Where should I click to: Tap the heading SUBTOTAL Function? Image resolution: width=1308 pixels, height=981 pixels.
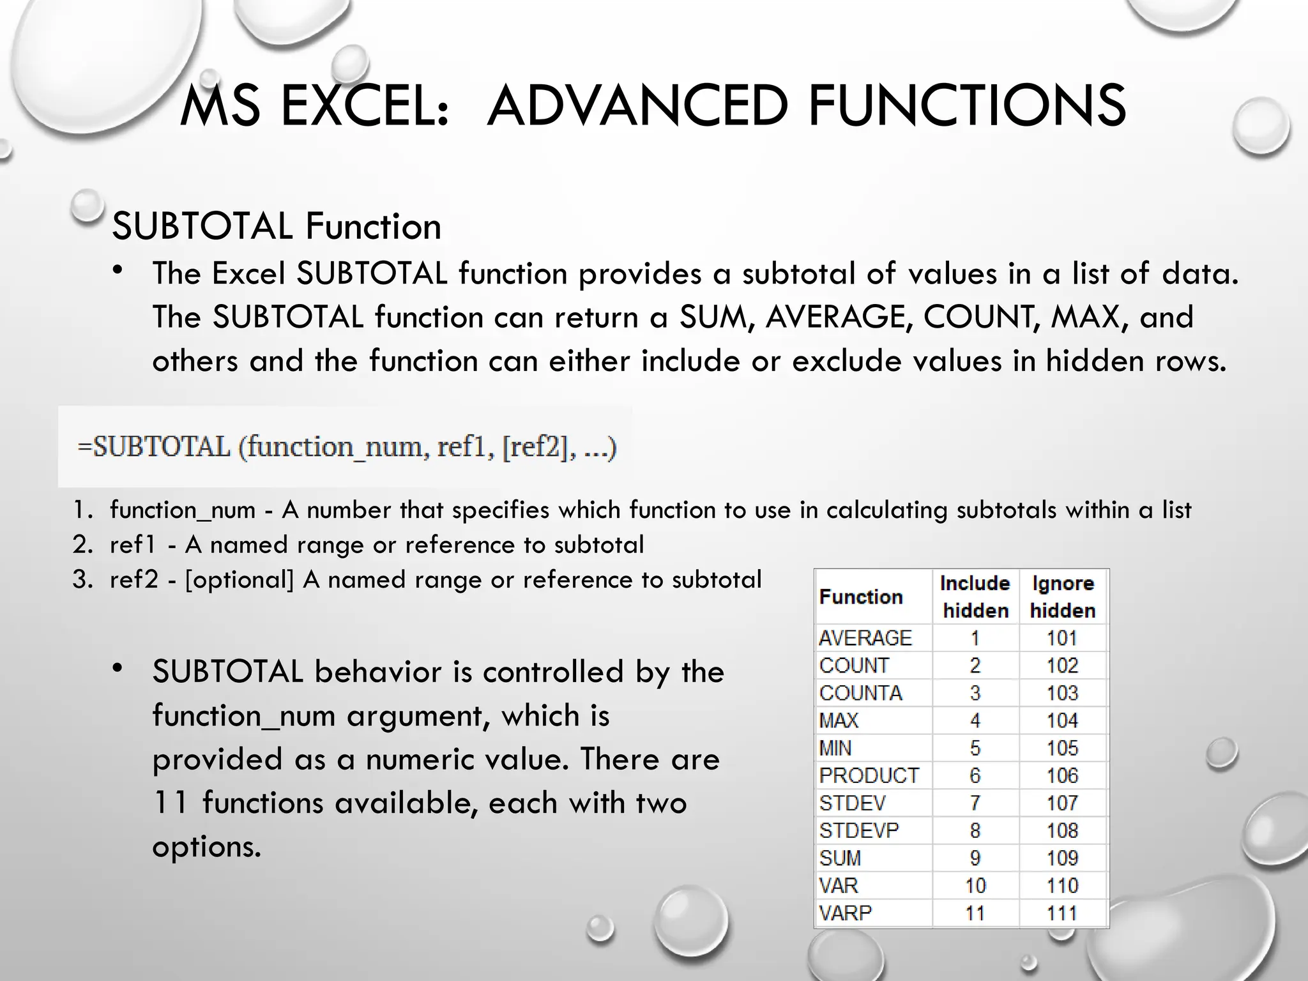click(277, 226)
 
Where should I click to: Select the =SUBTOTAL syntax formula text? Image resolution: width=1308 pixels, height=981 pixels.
click(347, 446)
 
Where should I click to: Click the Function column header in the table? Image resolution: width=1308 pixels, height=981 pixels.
click(861, 597)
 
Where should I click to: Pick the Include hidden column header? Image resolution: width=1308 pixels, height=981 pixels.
click(975, 597)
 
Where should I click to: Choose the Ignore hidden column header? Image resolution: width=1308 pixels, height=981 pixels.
click(1063, 597)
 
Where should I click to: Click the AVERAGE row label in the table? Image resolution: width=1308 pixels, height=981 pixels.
click(865, 637)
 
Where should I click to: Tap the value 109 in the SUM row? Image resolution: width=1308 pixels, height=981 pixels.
click(1062, 858)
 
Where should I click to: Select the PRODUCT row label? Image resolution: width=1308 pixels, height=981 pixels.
click(869, 775)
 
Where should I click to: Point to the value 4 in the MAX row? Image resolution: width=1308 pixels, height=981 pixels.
click(975, 720)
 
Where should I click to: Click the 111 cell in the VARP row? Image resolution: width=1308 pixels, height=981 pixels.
click(1062, 913)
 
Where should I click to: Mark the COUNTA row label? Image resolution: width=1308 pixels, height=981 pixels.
click(860, 693)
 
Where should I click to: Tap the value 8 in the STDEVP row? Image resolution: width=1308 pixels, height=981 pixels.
click(975, 830)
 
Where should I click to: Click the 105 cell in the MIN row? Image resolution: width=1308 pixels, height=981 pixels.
click(1062, 748)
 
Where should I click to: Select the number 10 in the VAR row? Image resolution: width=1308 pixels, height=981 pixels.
click(975, 885)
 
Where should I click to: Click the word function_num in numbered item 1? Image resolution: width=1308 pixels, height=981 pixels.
click(183, 510)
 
